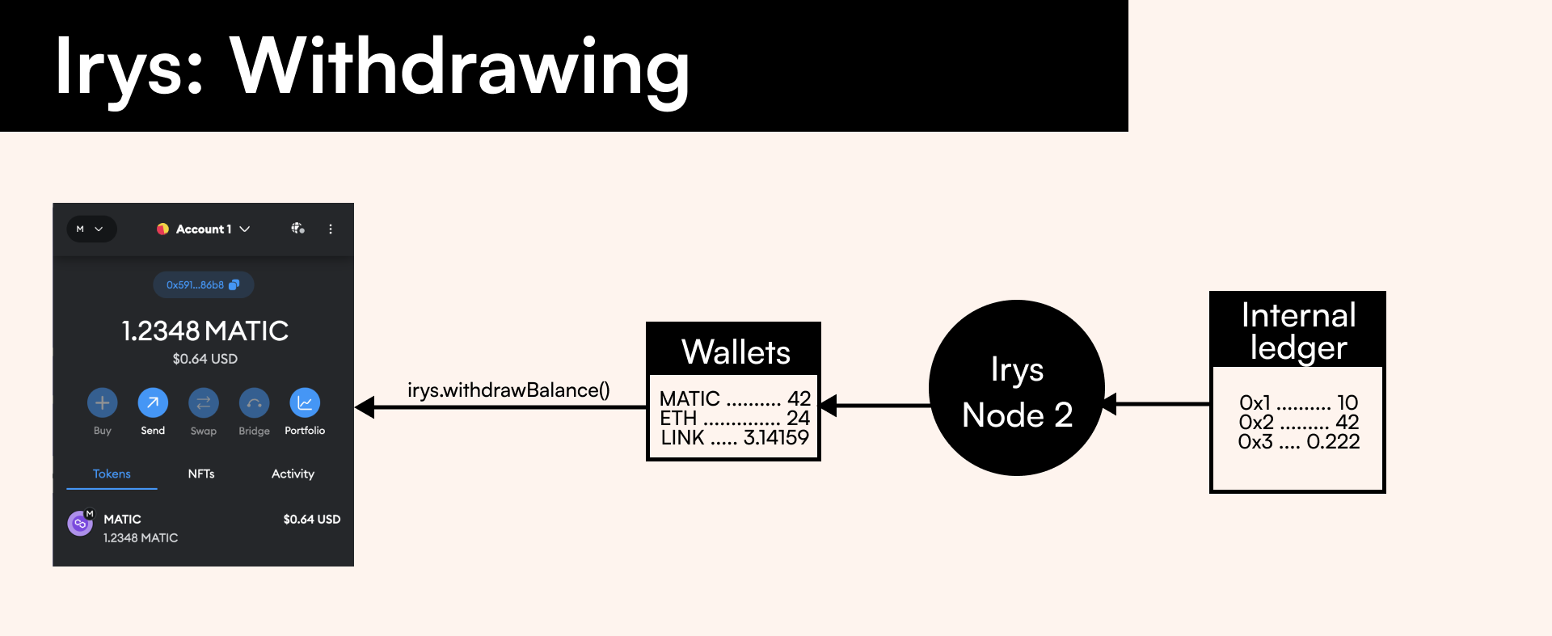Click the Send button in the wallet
(153, 402)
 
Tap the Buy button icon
(103, 402)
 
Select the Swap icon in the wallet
(203, 402)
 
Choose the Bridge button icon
(254, 402)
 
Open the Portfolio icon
(305, 402)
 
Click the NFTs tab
(201, 474)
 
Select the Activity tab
(293, 474)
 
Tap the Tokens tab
(112, 474)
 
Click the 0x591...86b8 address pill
(203, 284)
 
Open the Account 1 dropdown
(204, 229)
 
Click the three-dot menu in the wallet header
(331, 229)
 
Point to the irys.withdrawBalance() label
(508, 390)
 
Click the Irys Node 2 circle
(1017, 389)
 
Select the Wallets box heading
(736, 352)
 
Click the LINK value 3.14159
(776, 438)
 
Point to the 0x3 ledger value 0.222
(1333, 442)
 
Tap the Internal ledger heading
(1298, 331)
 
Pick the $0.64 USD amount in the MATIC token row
(311, 519)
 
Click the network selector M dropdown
(91, 229)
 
